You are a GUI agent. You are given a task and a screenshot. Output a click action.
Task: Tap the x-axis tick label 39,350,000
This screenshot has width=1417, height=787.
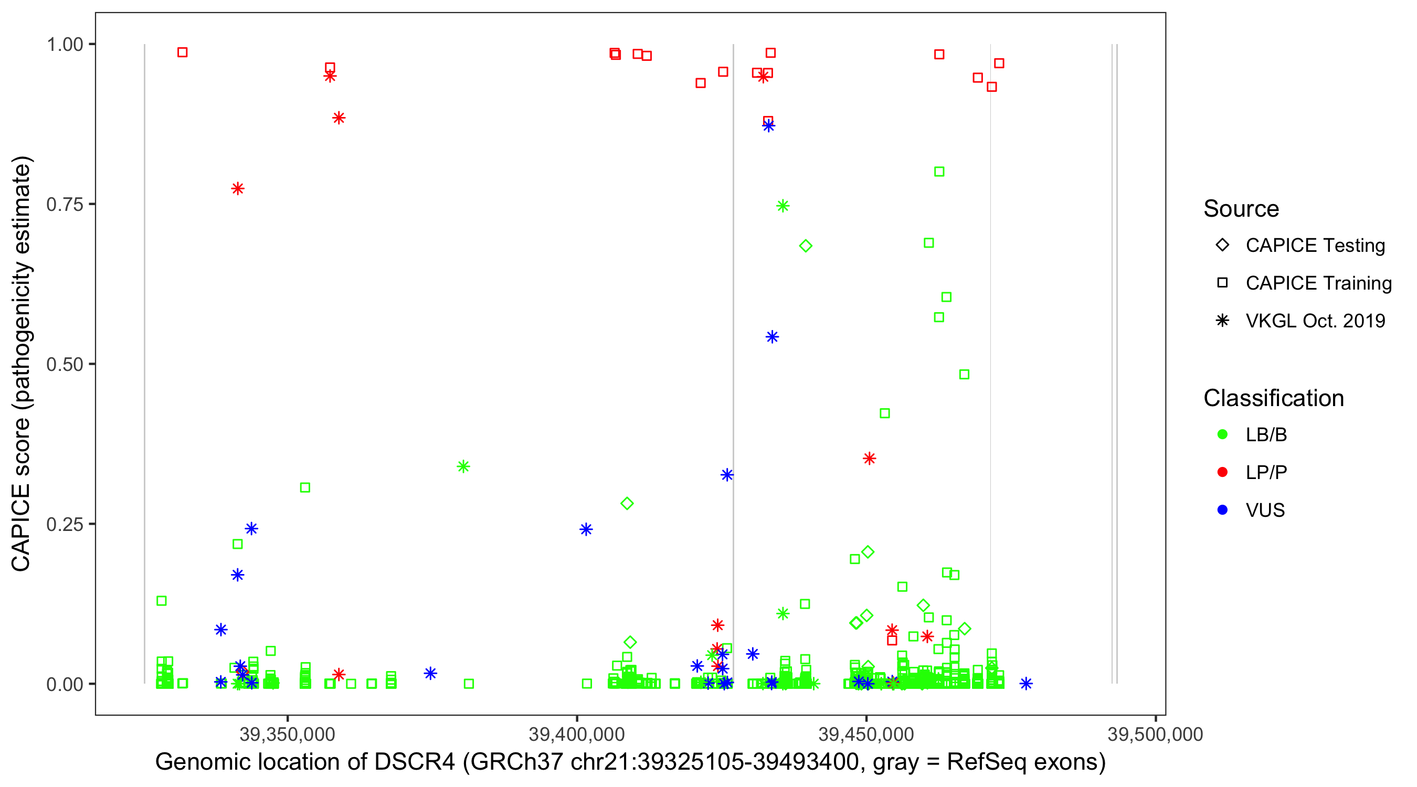(x=287, y=734)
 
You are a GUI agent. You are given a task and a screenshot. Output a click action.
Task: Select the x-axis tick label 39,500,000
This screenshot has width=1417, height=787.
(x=1155, y=734)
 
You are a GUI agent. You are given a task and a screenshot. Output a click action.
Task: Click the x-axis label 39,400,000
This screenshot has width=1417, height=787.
(x=576, y=734)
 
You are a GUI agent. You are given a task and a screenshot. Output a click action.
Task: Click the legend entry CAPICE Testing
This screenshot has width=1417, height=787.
(x=1315, y=246)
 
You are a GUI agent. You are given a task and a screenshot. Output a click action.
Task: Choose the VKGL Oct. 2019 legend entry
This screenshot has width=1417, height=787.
(x=1315, y=321)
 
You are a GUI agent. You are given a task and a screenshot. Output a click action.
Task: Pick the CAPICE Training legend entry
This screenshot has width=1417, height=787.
(x=1318, y=283)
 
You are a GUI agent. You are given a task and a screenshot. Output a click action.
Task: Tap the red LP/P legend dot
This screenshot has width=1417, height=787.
(x=1222, y=472)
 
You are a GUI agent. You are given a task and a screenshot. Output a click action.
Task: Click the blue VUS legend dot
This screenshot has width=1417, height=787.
(x=1222, y=510)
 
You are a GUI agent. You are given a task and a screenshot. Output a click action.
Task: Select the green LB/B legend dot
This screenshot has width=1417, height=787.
(x=1222, y=434)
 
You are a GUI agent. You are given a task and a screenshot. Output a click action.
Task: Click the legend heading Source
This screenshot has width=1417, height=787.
(x=1241, y=209)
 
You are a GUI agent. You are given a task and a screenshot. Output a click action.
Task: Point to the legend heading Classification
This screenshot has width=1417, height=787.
(x=1273, y=398)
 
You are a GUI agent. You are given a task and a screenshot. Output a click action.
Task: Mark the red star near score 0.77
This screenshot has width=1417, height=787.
(x=238, y=189)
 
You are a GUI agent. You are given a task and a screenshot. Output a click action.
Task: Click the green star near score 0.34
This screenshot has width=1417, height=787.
(x=463, y=466)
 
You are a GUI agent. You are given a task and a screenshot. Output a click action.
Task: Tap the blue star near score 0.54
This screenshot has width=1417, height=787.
(x=773, y=337)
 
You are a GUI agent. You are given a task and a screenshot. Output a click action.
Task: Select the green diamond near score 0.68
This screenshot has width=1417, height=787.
(x=805, y=246)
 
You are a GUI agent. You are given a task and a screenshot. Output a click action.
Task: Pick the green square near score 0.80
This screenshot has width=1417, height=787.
(x=939, y=172)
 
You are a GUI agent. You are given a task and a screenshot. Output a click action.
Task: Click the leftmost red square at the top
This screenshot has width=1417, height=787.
(x=183, y=52)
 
